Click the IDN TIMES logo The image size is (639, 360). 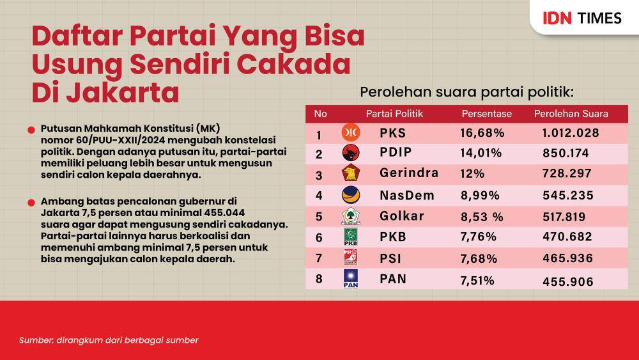click(x=582, y=18)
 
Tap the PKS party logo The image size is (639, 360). click(x=350, y=132)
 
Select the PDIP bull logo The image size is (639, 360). click(x=350, y=153)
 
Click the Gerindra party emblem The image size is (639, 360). click(x=350, y=173)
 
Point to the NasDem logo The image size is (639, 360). click(x=350, y=194)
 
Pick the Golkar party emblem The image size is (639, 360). click(x=350, y=215)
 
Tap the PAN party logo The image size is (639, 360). click(x=350, y=279)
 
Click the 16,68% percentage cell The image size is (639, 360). click(x=482, y=133)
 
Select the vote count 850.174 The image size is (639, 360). click(x=566, y=153)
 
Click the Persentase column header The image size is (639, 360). click(x=486, y=114)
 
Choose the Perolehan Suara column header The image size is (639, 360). click(x=571, y=114)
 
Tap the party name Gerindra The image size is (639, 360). click(x=409, y=173)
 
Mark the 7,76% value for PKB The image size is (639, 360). click(x=479, y=237)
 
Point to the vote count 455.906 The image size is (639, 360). click(x=568, y=281)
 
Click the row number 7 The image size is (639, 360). click(x=319, y=258)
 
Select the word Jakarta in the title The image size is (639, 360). click(x=122, y=92)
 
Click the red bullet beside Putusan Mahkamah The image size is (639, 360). click(x=31, y=130)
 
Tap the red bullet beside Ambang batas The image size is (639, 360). click(x=31, y=203)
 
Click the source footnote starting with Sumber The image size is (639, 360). click(x=109, y=340)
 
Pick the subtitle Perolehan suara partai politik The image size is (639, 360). click(x=466, y=92)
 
